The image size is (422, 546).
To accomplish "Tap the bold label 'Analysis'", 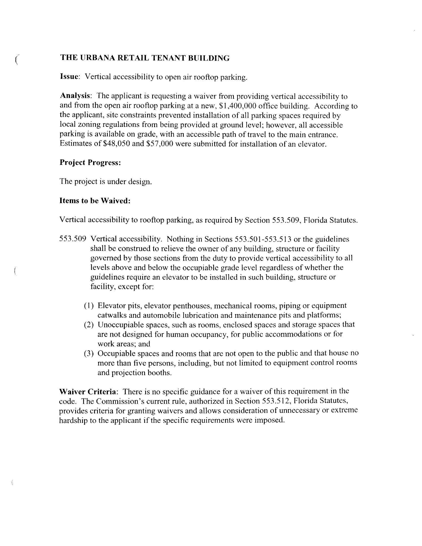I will tap(74, 96).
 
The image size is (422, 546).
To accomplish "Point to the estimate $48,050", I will tap(116, 144).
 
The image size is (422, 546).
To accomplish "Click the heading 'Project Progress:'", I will tap(90, 162).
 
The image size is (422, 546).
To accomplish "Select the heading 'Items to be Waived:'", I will tap(95, 201).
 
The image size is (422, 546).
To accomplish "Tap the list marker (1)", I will tap(89, 305).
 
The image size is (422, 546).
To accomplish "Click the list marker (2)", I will tap(89, 325).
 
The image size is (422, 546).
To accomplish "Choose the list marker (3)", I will tap(89, 353).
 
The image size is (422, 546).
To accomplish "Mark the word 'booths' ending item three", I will tap(160, 372).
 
